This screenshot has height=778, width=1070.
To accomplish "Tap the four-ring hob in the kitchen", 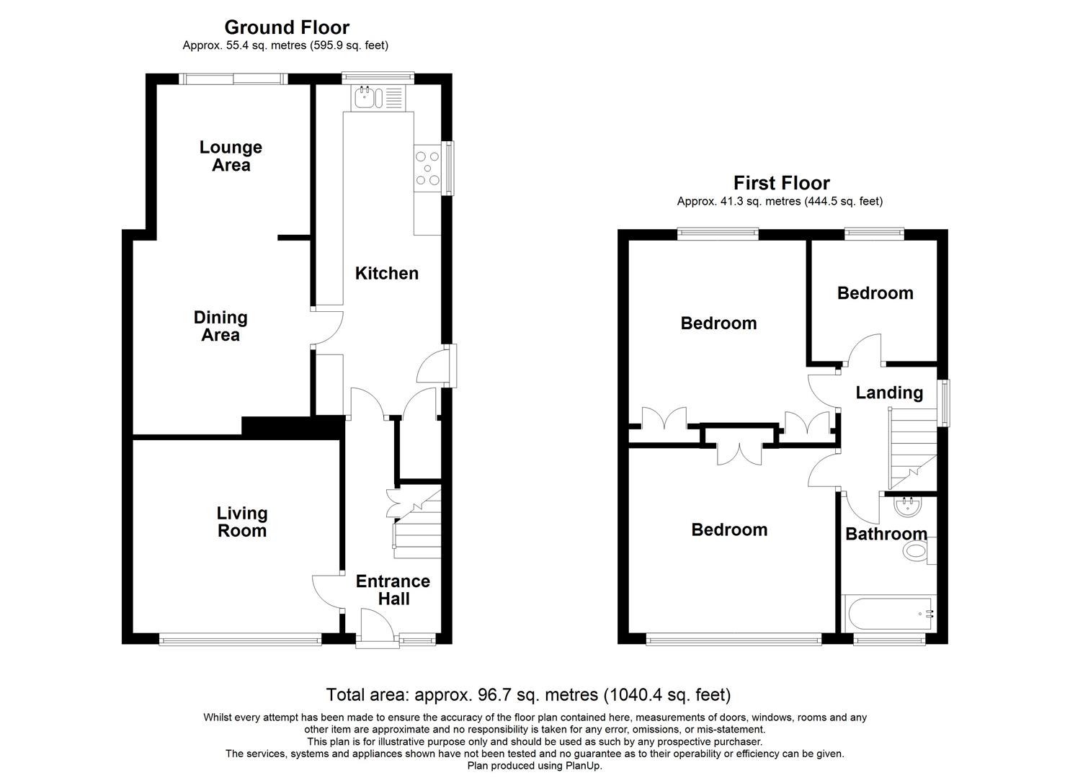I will pyautogui.click(x=427, y=168).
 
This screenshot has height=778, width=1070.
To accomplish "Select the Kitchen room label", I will pyautogui.click(x=386, y=273).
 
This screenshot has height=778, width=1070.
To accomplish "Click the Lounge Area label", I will pyautogui.click(x=231, y=156).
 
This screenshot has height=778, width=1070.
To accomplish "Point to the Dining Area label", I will pyautogui.click(x=220, y=326).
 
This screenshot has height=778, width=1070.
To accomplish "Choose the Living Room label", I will pyautogui.click(x=241, y=522).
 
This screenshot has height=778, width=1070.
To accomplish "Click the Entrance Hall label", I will pyautogui.click(x=393, y=589).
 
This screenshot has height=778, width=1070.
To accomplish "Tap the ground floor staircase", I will pyautogui.click(x=414, y=526).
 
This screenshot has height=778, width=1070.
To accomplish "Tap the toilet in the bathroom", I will pyautogui.click(x=917, y=553).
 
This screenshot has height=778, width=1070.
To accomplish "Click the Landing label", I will pyautogui.click(x=888, y=393).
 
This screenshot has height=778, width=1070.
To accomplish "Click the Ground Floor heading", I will pyautogui.click(x=287, y=27).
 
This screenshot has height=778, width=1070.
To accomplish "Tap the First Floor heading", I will pyautogui.click(x=781, y=183).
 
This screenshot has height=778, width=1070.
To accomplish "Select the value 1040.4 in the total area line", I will pyautogui.click(x=633, y=694).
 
